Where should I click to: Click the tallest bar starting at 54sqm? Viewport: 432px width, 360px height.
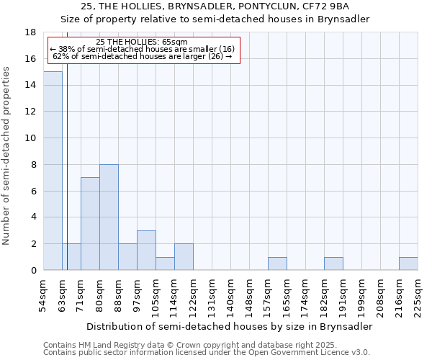[53, 171]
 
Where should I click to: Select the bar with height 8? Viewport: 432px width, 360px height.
[109, 217]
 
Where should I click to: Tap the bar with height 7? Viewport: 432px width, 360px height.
[90, 223]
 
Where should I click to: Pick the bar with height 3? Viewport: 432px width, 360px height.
[146, 250]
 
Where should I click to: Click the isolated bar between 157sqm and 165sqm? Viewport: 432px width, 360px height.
[277, 264]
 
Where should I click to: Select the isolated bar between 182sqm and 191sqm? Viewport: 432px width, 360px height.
[333, 264]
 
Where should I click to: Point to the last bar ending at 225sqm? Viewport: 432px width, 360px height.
[408, 264]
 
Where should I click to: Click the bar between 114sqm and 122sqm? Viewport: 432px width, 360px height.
[184, 257]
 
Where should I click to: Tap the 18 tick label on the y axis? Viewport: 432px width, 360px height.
[30, 32]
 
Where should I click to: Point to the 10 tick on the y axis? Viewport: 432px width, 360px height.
[30, 138]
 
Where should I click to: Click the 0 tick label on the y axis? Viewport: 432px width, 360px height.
[33, 271]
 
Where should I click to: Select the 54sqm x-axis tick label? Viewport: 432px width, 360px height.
[44, 294]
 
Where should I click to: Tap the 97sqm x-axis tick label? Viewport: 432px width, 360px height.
[138, 294]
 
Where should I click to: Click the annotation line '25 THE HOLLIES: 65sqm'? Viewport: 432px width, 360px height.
[142, 42]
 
